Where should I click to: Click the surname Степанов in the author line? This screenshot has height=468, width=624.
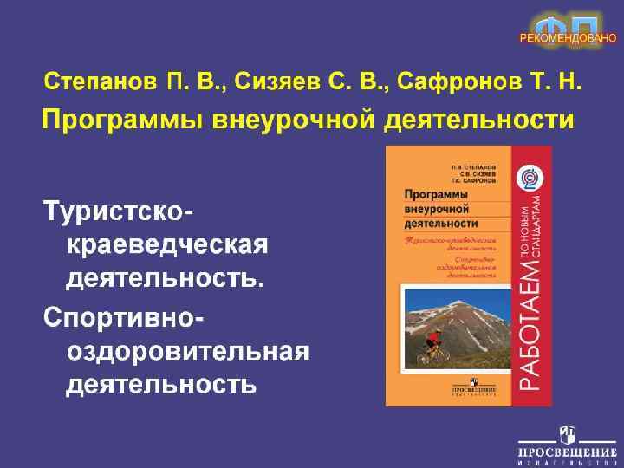pos(101,83)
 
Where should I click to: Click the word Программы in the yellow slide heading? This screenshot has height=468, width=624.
pos(121,119)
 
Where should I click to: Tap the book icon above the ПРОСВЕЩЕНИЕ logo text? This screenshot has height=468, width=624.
pos(568,432)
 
